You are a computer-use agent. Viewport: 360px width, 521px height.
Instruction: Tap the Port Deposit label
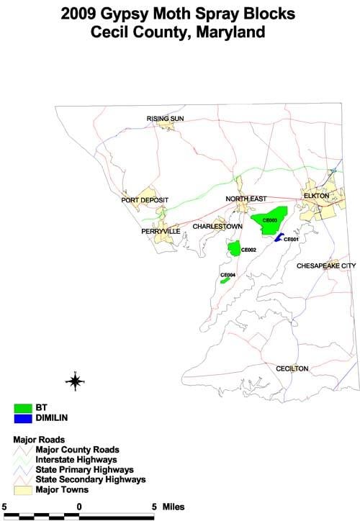[145, 200]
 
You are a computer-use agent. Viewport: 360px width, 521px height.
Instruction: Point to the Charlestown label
[217, 226]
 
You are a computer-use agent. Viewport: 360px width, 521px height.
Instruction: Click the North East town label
[246, 199]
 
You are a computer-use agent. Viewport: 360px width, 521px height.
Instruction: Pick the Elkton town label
[316, 195]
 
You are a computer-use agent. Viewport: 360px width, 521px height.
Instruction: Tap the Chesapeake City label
[326, 266]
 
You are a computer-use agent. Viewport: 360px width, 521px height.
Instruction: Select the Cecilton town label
[292, 368]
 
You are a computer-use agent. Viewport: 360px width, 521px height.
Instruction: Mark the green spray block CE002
[234, 248]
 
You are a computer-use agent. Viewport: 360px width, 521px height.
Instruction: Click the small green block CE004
[225, 279]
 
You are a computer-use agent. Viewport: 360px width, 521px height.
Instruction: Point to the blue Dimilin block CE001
[278, 237]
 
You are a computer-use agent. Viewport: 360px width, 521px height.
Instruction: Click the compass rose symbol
[75, 381]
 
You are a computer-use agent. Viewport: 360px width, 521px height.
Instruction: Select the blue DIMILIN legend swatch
[26, 417]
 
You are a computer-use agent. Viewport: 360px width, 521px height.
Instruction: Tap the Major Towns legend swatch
[26, 490]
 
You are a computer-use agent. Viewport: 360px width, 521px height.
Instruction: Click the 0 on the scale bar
[78, 507]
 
